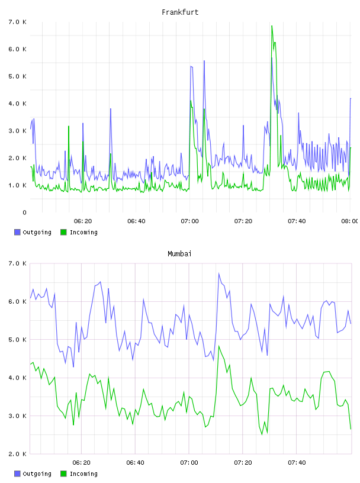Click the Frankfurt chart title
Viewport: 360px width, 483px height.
coord(180,12)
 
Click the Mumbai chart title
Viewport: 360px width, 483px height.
coord(179,254)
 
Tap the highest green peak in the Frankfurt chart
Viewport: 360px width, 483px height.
coord(272,26)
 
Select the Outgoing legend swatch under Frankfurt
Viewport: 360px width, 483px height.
coord(17,232)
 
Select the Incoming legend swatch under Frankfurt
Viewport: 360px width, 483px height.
coord(63,232)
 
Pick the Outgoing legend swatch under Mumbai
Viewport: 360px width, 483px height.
coord(17,474)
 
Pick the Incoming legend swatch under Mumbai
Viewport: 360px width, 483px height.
coord(63,474)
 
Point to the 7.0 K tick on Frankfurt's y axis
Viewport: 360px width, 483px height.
coord(18,22)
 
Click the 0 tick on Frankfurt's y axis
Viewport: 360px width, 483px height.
coord(24,212)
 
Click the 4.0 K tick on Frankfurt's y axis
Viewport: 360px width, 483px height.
coord(18,104)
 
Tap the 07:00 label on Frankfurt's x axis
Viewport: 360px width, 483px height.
coord(189,221)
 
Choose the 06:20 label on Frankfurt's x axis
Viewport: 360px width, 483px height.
coord(83,221)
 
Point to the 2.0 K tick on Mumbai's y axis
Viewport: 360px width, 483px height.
coord(18,454)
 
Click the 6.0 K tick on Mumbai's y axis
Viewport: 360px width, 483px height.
coord(18,301)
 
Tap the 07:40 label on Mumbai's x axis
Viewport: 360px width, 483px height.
coord(297,463)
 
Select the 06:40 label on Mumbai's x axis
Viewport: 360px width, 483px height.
coord(136,463)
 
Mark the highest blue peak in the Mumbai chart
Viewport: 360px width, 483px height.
coord(219,273)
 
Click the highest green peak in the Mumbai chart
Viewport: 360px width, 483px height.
coord(219,346)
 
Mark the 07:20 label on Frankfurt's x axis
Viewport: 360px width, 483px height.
coord(243,221)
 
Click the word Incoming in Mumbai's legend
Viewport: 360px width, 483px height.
coord(83,474)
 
